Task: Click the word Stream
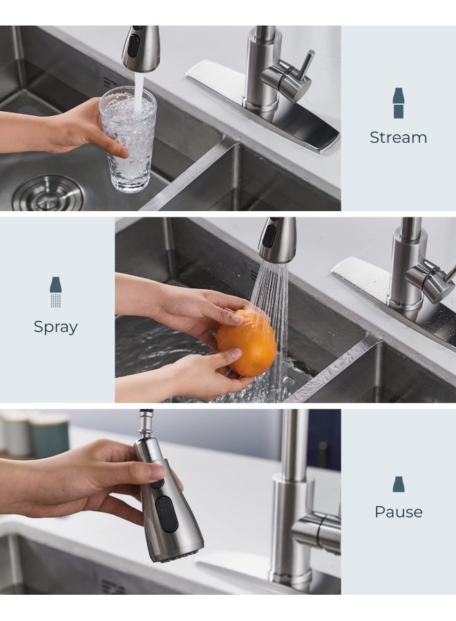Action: point(398,137)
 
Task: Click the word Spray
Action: point(56,326)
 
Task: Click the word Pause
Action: point(398,512)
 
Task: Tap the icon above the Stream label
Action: point(399,103)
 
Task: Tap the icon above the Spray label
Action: point(56,292)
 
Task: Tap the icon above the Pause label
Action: point(399,484)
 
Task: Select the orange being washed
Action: point(247,342)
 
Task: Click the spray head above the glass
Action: point(140,48)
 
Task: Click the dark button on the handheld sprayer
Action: point(167,513)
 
